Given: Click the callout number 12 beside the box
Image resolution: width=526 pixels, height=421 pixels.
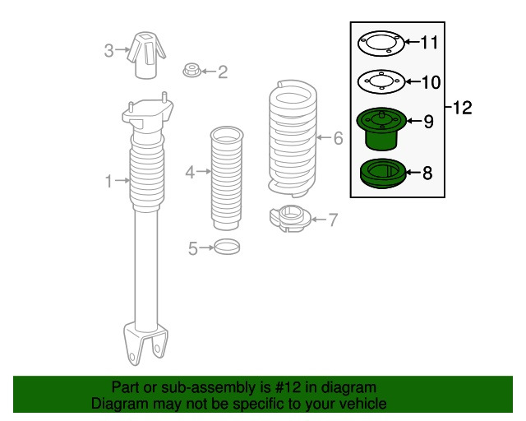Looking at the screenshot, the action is [x=462, y=108].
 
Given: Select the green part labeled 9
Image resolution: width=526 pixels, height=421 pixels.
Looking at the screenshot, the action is [x=381, y=129].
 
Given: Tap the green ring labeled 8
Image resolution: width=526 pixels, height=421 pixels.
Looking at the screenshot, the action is [x=382, y=173].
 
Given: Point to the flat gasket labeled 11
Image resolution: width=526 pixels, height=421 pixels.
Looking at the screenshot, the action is [x=381, y=44].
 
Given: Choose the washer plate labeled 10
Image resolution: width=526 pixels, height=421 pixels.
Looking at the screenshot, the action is [x=381, y=81].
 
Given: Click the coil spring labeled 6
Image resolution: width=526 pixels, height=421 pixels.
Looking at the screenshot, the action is [x=293, y=138].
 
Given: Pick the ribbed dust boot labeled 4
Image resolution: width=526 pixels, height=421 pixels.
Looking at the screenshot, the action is [x=227, y=178].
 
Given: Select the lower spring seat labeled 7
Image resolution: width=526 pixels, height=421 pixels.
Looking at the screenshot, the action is [x=290, y=219].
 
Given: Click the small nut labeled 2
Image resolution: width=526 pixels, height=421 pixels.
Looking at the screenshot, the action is [x=191, y=70].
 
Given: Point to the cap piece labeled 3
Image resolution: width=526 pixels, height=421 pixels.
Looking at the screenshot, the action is [x=146, y=55].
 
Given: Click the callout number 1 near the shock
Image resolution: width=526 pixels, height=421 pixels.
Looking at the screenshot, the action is [x=108, y=181].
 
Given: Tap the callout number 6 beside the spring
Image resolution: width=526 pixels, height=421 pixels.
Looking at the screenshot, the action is [x=338, y=138].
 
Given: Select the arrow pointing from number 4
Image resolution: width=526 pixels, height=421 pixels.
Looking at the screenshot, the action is [x=204, y=172].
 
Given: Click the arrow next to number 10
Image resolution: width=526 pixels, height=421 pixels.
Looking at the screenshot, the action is [x=413, y=81].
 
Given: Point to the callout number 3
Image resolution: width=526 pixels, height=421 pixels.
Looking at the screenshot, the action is [x=108, y=50].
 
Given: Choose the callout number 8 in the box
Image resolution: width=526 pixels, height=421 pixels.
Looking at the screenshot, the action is [x=427, y=173].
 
